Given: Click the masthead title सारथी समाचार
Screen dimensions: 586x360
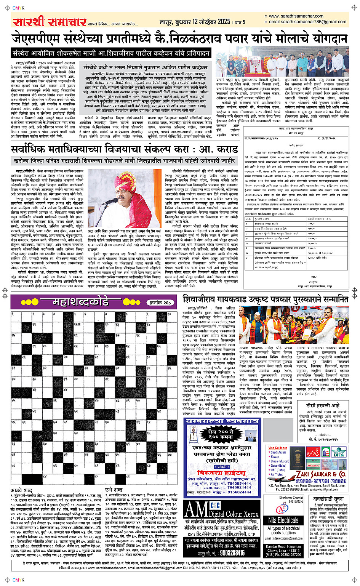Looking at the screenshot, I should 50,22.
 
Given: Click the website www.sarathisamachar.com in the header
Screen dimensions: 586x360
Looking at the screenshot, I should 296,16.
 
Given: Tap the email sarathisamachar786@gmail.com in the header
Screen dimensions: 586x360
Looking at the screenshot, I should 307,22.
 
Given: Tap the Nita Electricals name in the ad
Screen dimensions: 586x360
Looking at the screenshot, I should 283,520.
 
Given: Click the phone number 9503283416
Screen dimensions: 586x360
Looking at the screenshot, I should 227,553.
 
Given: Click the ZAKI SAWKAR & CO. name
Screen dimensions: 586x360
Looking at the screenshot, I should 320,474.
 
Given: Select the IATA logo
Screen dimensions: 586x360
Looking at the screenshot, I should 338,453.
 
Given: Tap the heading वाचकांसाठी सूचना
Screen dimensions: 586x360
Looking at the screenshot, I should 328,499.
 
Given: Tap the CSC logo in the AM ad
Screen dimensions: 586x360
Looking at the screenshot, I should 215,505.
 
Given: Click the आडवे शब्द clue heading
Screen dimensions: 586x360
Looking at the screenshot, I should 21,490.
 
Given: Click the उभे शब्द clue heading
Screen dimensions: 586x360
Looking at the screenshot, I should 114,490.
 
